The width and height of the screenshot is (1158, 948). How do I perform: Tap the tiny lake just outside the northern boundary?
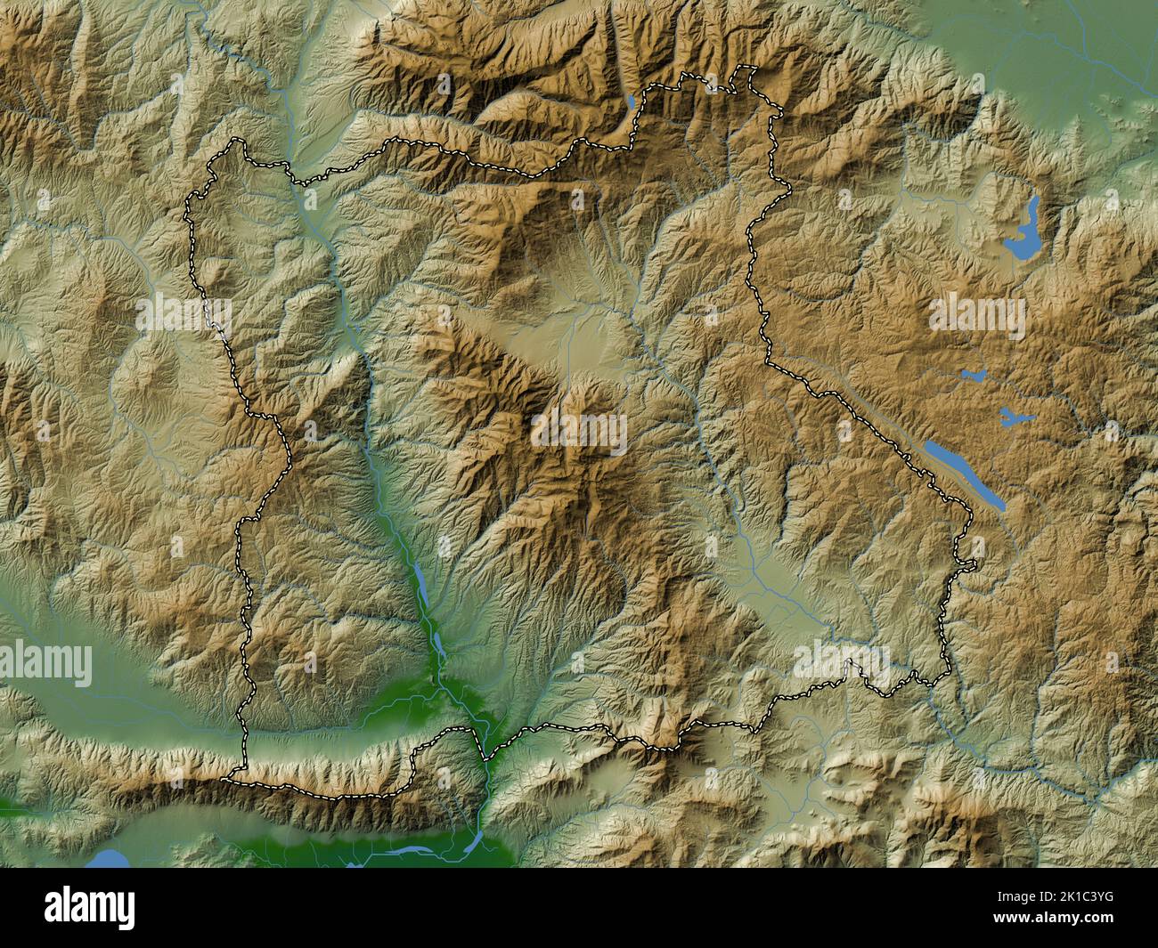coord(631,101)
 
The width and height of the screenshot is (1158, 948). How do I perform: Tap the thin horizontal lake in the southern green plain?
coord(419,851)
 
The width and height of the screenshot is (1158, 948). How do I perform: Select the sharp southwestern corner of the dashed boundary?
coord(226,780)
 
